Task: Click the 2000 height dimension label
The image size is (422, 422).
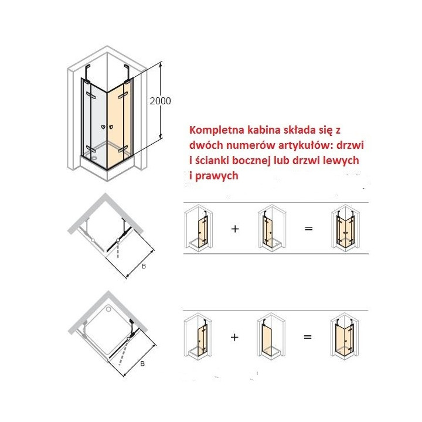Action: (160, 101)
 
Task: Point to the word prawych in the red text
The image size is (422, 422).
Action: (217, 176)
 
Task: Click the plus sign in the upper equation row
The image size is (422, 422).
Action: (235, 229)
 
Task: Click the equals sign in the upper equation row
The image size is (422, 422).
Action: (308, 229)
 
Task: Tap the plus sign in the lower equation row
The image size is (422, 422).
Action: (234, 337)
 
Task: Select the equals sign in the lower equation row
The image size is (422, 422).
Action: (308, 337)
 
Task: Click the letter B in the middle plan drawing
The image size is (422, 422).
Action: (144, 266)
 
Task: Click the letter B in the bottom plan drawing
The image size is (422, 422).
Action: (142, 363)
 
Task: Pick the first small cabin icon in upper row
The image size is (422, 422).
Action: (198, 226)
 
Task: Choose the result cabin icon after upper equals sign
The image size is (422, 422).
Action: (346, 228)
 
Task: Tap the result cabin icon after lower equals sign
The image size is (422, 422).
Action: (345, 336)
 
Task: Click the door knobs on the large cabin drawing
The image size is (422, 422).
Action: (107, 127)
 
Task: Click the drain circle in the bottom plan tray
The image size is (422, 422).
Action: (108, 309)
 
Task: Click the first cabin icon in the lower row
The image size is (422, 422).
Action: (198, 335)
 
